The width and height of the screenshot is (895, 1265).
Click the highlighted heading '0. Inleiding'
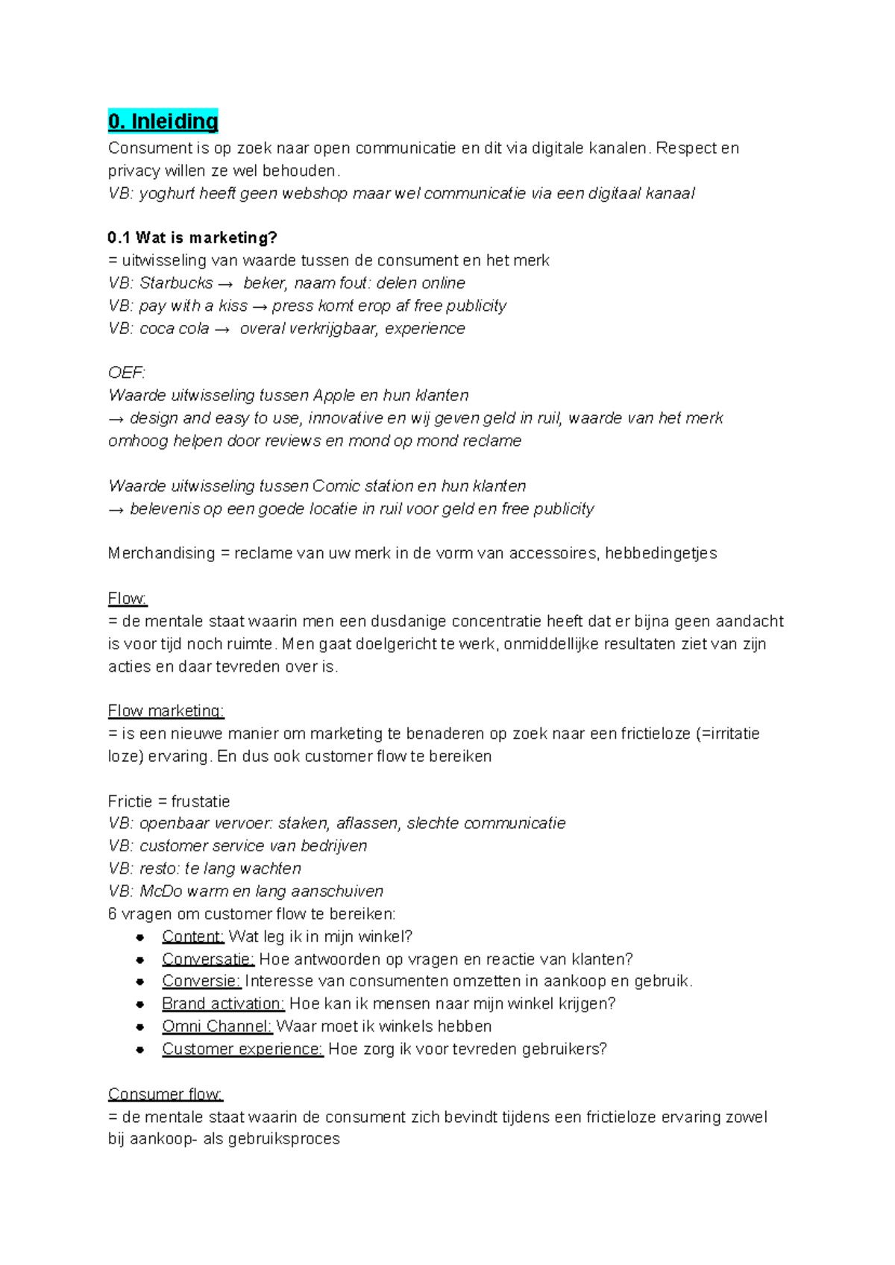tap(163, 122)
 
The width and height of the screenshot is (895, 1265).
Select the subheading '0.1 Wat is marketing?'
tap(192, 238)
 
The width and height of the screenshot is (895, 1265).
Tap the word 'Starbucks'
tap(176, 283)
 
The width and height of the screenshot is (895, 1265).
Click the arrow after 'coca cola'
tap(222, 329)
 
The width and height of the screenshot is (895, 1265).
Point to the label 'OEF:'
tap(127, 373)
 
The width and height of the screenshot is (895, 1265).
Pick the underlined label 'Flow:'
tap(128, 599)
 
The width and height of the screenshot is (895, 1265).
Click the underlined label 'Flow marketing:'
tap(166, 711)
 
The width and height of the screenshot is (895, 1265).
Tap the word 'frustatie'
tap(200, 801)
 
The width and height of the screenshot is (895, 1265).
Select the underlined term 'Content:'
tap(192, 937)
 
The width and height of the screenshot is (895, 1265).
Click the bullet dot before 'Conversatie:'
tap(140, 960)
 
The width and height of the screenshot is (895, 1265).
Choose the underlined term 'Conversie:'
tap(201, 982)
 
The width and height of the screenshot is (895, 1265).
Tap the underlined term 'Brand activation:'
tap(223, 1004)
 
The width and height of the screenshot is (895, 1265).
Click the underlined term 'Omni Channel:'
tap(217, 1026)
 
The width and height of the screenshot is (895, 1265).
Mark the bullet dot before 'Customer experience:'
tap(140, 1050)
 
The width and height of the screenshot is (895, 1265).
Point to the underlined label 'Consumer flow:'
tap(165, 1094)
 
